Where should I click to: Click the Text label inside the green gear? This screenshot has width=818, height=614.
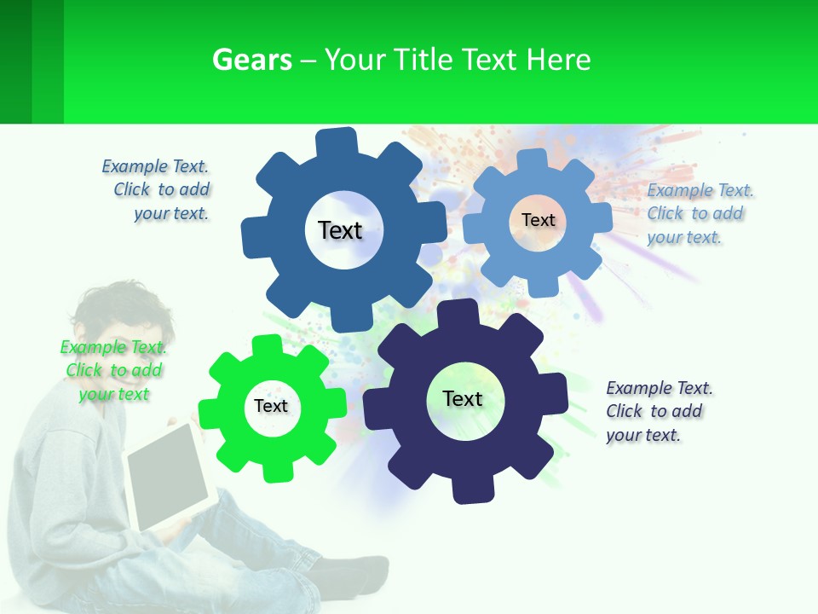coord(271,407)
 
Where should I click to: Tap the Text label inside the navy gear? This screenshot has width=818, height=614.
coord(463,399)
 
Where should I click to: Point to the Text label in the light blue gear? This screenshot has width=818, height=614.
coord(539,220)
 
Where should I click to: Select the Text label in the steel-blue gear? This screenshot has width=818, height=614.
coord(340,230)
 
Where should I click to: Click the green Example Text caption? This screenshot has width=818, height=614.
coord(113,370)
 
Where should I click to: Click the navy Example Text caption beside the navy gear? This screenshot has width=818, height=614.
coord(659,411)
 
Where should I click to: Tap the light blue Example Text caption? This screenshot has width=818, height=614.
coord(700,213)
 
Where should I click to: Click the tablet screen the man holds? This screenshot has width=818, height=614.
coord(168,476)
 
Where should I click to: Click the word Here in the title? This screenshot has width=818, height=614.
coord(559,60)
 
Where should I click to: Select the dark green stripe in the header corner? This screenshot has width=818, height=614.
coord(15,61)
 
